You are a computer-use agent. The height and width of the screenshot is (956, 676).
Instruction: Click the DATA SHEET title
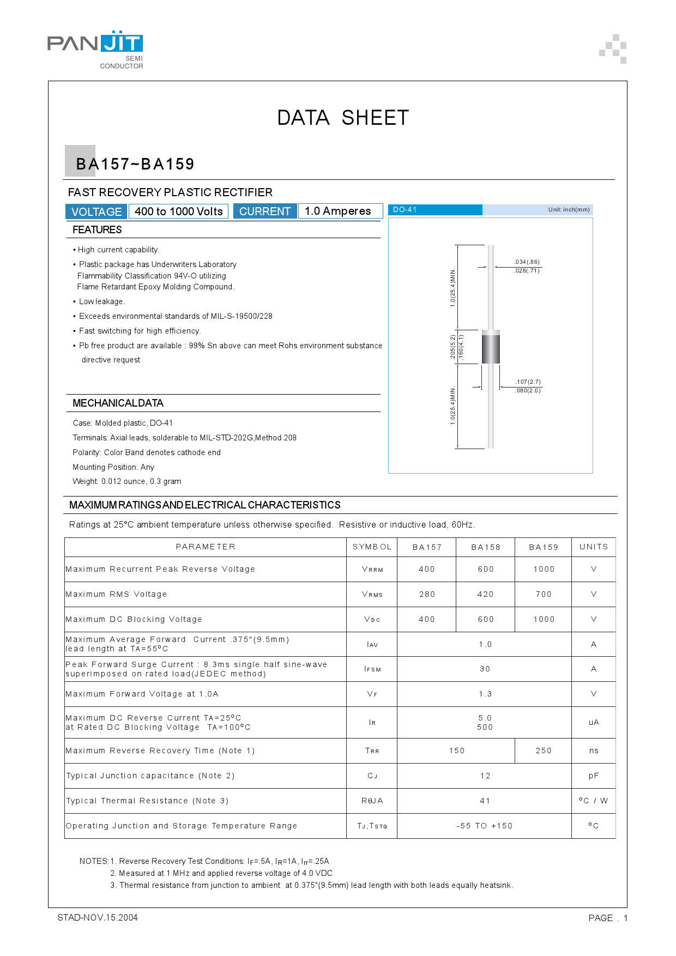(342, 118)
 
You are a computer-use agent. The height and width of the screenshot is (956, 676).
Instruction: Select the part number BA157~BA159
(135, 164)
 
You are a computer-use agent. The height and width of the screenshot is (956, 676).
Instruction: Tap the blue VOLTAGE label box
(96, 211)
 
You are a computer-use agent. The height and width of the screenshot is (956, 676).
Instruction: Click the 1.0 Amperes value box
(338, 211)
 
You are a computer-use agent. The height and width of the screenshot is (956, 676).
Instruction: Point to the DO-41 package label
(405, 210)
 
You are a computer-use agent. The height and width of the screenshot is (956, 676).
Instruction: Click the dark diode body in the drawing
(491, 349)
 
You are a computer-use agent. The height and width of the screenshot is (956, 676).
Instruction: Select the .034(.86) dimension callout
(527, 262)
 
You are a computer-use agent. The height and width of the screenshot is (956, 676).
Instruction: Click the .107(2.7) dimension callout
(528, 382)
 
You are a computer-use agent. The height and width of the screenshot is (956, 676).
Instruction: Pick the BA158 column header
(485, 547)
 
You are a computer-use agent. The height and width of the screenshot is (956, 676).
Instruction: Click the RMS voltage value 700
(544, 594)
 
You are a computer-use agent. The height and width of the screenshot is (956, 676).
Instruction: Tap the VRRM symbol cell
(372, 569)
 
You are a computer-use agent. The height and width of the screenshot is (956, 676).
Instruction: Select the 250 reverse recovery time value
(544, 751)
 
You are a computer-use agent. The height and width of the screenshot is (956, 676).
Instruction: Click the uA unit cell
(594, 722)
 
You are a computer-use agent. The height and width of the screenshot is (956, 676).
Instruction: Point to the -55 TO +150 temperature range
(485, 826)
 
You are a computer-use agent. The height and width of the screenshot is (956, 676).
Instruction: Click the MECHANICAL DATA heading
(118, 403)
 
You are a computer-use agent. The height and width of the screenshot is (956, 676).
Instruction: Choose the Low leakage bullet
(101, 301)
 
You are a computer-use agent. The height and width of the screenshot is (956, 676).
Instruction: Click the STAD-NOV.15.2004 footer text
(98, 917)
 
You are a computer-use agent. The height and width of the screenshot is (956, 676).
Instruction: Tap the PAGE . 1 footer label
(608, 918)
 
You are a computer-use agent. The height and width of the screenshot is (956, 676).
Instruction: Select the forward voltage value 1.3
(485, 694)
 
